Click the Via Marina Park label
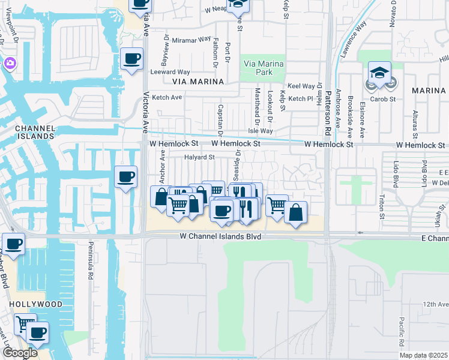tap(262, 68)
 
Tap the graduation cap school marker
tap(379, 74)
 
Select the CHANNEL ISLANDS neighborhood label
tap(35, 133)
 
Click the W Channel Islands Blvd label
tap(221, 237)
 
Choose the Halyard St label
tap(199, 157)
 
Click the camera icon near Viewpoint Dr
tap(10, 63)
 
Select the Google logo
tap(19, 353)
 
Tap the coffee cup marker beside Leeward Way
tap(131, 59)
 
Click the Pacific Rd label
tap(401, 331)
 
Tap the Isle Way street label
tap(261, 131)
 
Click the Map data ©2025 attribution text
tap(424, 355)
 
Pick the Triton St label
tap(382, 203)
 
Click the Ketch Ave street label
tap(167, 97)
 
